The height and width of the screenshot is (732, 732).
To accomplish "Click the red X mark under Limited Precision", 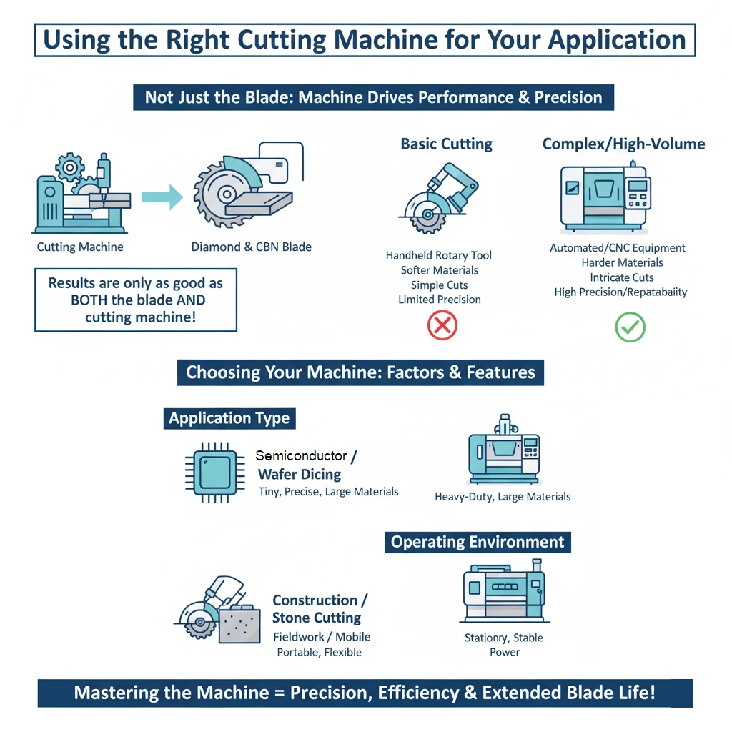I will [442, 327].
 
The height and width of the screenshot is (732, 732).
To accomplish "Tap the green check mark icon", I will [630, 327].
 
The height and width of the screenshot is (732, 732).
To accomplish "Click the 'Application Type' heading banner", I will [229, 418].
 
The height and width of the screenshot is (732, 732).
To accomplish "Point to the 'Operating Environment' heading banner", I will [478, 542].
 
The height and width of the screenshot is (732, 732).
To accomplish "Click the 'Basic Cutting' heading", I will [446, 144].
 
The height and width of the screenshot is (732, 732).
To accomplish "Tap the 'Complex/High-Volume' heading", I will [623, 144].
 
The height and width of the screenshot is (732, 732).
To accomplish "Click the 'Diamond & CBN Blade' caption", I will [251, 247].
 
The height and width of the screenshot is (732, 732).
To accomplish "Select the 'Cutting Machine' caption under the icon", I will [80, 247].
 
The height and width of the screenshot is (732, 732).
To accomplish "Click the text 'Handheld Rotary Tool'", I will [438, 255].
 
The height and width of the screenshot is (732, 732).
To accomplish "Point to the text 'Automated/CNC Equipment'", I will [617, 248].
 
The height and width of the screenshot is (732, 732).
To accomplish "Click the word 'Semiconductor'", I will [301, 455].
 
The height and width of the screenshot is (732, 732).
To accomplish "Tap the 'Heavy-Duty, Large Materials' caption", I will [503, 496].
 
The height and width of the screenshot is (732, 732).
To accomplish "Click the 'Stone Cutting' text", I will [317, 618].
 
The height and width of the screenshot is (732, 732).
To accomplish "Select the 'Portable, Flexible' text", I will [319, 652].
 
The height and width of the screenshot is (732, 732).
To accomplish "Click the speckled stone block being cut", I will [239, 624].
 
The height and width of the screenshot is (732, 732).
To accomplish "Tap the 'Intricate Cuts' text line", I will [621, 277].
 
